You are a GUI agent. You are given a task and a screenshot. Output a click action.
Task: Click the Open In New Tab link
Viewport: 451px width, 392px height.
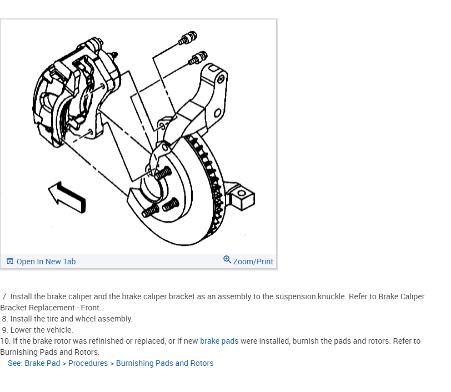pyautogui.click(x=46, y=262)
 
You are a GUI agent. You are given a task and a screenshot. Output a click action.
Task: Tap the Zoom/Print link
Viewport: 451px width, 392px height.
pyautogui.click(x=253, y=262)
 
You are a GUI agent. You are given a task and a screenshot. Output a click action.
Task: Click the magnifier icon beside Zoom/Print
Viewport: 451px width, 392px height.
pyautogui.click(x=227, y=260)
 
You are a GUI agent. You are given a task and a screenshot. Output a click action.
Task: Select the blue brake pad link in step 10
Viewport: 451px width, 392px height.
pyautogui.click(x=217, y=341)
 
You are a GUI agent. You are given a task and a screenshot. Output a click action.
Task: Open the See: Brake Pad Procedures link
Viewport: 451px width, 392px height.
pyautogui.click(x=111, y=363)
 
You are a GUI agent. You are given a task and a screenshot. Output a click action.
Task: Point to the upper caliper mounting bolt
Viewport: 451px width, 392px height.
pyautogui.click(x=187, y=38)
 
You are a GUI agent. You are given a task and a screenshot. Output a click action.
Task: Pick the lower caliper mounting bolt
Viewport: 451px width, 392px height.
pyautogui.click(x=198, y=57)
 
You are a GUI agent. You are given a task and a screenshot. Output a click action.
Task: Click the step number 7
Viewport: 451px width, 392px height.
pyautogui.click(x=5, y=296)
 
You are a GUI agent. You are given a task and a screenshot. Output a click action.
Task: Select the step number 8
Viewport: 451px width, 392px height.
pyautogui.click(x=5, y=319)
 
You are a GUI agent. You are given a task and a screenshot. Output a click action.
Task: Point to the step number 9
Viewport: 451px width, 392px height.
pyautogui.click(x=5, y=330)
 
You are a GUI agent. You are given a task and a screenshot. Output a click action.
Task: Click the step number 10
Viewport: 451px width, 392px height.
pyautogui.click(x=5, y=341)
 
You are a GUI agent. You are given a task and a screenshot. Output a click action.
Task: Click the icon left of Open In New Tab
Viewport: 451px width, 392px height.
pyautogui.click(x=10, y=262)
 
